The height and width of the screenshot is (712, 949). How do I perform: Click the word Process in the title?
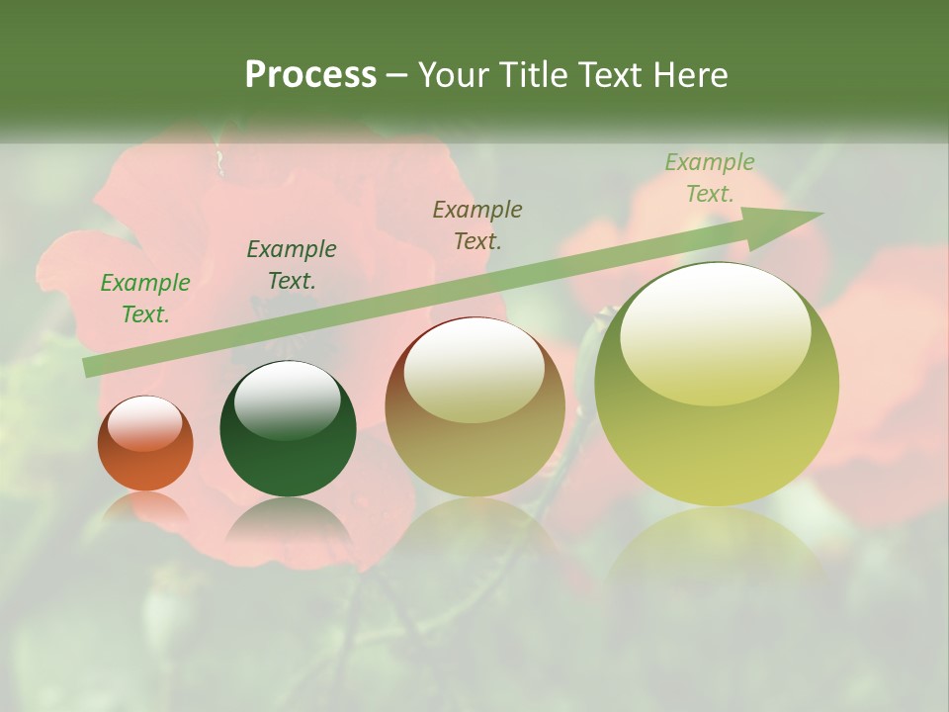tap(310, 75)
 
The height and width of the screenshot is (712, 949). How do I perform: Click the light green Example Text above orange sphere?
tap(145, 299)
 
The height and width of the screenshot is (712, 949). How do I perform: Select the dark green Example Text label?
tap(292, 265)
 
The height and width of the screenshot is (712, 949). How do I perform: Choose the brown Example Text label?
tap(477, 224)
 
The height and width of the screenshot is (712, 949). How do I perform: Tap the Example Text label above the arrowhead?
tap(710, 178)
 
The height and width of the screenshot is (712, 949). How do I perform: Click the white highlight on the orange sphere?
tap(145, 423)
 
